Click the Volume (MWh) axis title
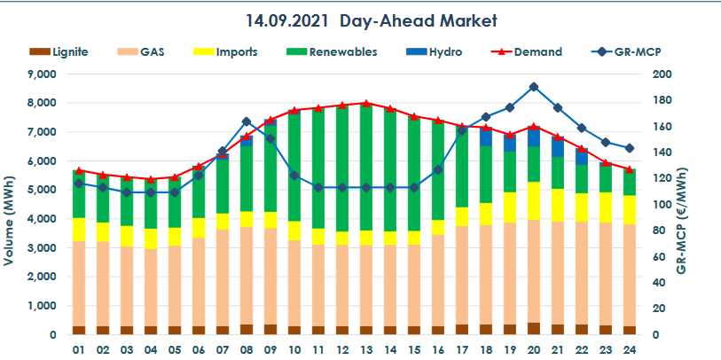tap(11, 205)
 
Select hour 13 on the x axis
tap(366, 348)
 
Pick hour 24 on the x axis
tap(629, 348)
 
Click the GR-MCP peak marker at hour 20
tap(533, 87)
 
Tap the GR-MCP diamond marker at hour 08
tap(247, 121)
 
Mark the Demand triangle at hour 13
tap(366, 104)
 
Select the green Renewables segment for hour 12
tap(342, 168)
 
